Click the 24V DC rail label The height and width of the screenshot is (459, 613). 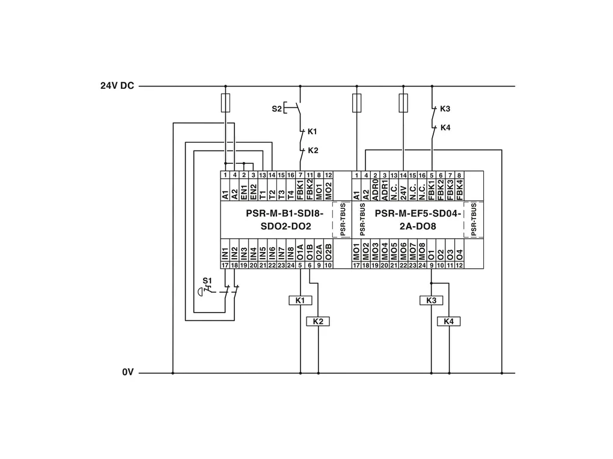(x=117, y=86)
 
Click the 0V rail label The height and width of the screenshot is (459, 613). (x=127, y=373)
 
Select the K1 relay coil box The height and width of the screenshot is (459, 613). (x=300, y=300)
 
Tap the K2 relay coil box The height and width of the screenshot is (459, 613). (x=318, y=322)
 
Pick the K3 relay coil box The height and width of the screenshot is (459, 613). (x=431, y=300)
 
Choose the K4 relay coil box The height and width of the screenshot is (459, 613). (x=449, y=322)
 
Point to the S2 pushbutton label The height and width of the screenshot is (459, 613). (x=276, y=109)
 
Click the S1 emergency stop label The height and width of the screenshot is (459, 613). (x=207, y=280)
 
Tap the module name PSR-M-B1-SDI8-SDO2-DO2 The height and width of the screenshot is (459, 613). (x=276, y=220)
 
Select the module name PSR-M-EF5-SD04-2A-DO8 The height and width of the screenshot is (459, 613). (x=418, y=220)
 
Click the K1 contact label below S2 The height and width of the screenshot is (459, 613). (x=313, y=131)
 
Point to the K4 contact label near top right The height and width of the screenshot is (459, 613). (x=445, y=127)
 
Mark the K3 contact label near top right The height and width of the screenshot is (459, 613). (x=445, y=109)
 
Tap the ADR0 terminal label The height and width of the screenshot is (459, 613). (x=375, y=189)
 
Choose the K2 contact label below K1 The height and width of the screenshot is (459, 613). (x=313, y=150)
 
